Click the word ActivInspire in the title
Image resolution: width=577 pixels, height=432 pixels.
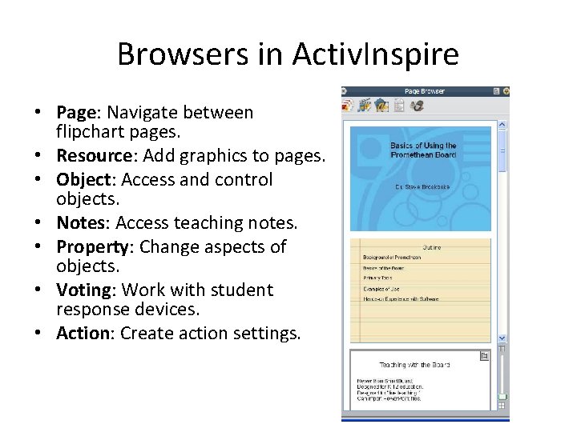375,54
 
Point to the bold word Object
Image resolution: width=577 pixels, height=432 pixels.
83,180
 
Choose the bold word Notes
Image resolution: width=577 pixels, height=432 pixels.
81,223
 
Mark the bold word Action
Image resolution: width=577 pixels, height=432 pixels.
83,333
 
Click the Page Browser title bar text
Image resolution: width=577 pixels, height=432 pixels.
424,91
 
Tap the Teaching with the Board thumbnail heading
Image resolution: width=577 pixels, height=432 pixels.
414,365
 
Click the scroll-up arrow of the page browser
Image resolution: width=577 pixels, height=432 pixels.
502,125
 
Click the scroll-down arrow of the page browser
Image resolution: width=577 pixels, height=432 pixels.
502,338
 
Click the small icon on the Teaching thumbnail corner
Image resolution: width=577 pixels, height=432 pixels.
484,355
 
